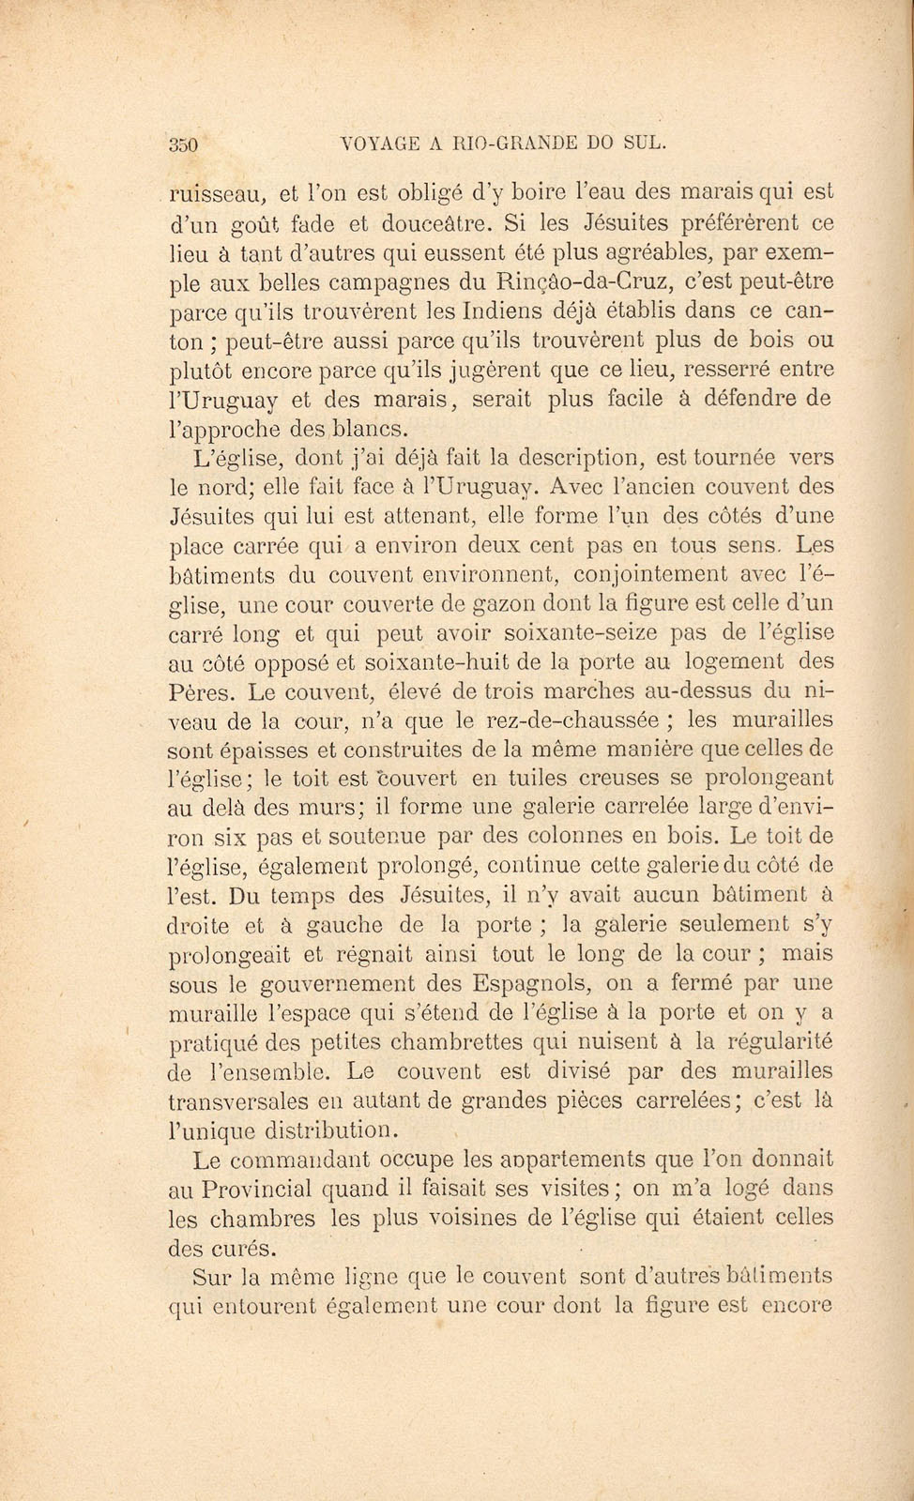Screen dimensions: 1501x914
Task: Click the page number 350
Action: coord(185,144)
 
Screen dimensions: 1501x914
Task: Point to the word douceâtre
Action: coord(435,224)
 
